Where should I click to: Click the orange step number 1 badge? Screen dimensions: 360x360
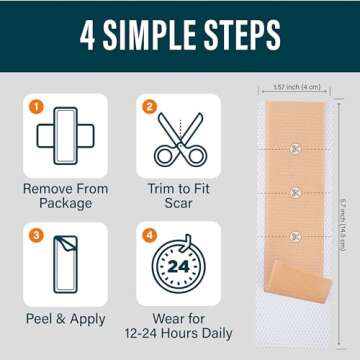pos(36,103)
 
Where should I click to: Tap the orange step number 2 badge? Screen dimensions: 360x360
pos(150,103)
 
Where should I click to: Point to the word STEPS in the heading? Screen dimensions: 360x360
pos(239,36)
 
